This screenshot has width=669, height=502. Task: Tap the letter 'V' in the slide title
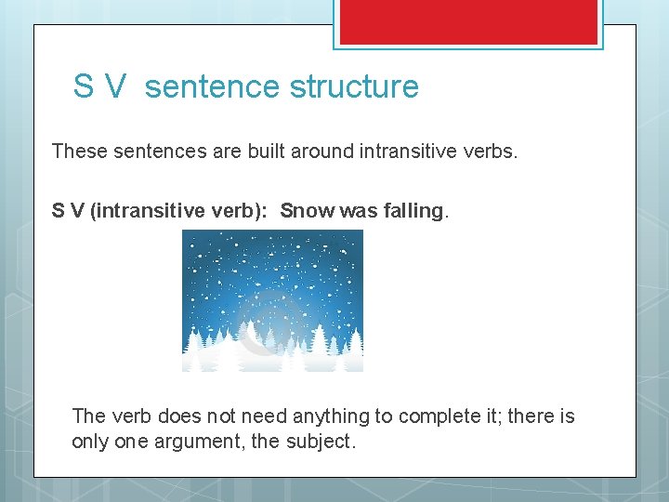pyautogui.click(x=115, y=86)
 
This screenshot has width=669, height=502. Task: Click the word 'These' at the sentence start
pyautogui.click(x=81, y=151)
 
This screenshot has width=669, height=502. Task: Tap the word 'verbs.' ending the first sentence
pyautogui.click(x=490, y=151)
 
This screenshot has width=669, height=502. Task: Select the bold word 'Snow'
pyautogui.click(x=308, y=211)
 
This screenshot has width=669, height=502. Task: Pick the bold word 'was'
pyautogui.click(x=359, y=211)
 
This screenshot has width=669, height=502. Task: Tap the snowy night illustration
pyautogui.click(x=272, y=300)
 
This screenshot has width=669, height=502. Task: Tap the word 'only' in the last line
pyautogui.click(x=90, y=442)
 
